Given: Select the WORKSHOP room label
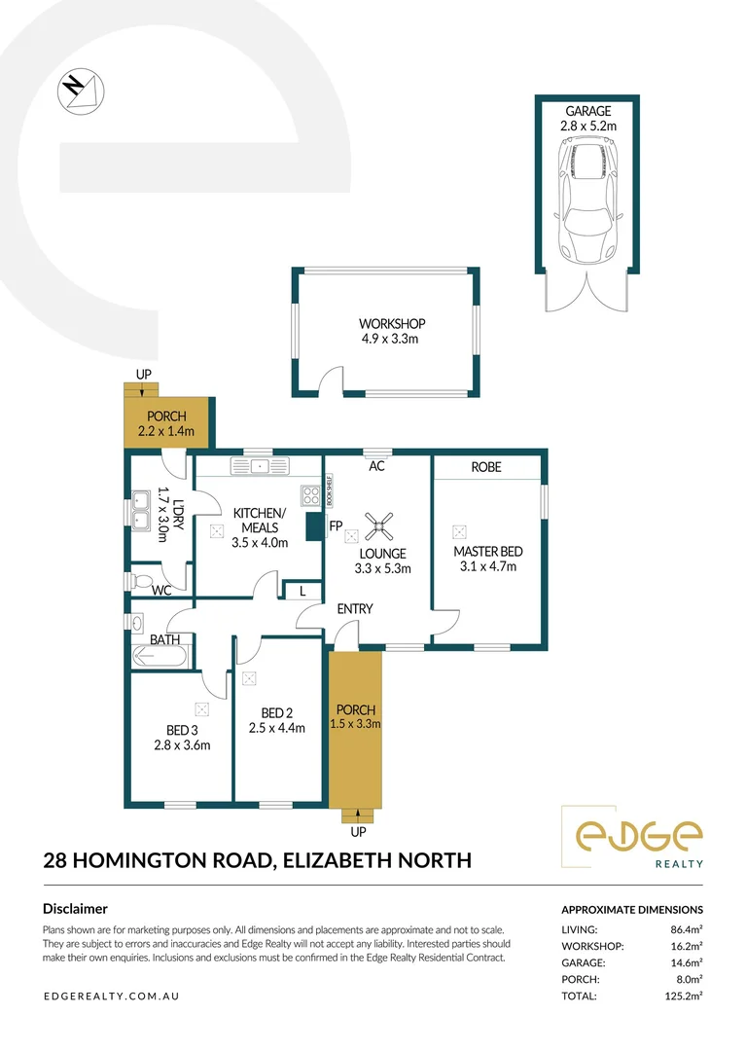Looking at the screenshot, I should click(x=392, y=324).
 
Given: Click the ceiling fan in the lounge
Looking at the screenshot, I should click(x=376, y=526).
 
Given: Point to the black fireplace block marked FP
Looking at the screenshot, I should click(x=314, y=527).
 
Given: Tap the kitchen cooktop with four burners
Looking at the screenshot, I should click(x=311, y=496).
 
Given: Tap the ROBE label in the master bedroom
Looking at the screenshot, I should click(x=486, y=467).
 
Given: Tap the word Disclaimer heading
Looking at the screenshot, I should click(x=76, y=909).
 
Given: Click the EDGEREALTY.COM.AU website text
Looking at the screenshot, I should click(x=112, y=997).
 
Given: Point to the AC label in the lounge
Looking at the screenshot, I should click(x=376, y=467).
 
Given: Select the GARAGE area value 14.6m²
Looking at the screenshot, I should click(x=687, y=962).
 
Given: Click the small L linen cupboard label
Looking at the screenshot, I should click(x=303, y=591).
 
